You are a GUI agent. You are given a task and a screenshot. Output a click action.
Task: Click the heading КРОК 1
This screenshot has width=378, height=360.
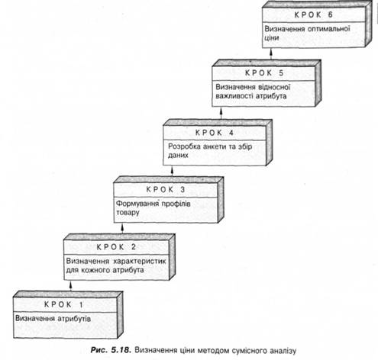coord(63,304)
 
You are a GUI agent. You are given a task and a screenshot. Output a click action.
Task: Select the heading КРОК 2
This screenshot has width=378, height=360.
coord(116,247)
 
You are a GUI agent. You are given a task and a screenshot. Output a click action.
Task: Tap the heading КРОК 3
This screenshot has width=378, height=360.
coord(166,190)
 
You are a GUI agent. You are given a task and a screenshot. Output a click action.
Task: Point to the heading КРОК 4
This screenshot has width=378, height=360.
coord(215,133)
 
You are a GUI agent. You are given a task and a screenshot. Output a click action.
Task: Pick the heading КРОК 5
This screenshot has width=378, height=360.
coord(264,73)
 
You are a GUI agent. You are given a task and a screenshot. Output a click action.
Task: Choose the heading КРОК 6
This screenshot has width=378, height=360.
coord(314,14)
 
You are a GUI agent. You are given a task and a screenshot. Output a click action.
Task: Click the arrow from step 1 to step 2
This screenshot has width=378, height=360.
coord(71,285)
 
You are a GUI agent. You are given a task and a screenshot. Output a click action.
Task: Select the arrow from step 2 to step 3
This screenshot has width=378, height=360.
coord(122,228)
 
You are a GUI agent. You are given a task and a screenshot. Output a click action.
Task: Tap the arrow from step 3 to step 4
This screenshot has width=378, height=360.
coord(172,171)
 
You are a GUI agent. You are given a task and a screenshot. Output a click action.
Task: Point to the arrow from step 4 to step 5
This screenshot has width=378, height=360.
coord(221,113)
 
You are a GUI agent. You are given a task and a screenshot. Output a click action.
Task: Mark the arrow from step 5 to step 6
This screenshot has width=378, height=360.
coord(271,54)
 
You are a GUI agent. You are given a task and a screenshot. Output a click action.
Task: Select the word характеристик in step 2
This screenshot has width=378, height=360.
coord(140,261)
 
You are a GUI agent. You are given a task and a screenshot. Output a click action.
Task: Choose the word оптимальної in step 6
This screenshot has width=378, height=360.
coord(329,29)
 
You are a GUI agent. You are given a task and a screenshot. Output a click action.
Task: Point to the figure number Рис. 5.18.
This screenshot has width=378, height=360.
coord(111,350)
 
